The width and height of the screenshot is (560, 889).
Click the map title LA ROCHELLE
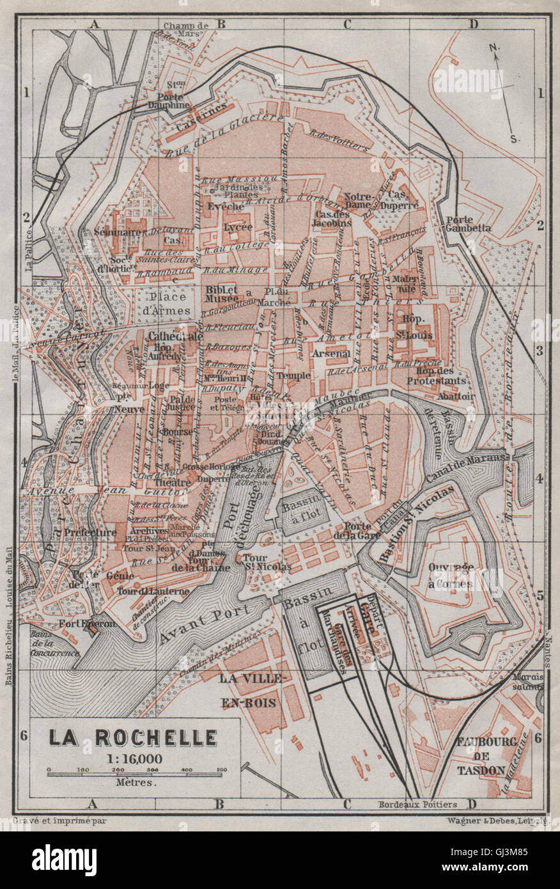(134, 737)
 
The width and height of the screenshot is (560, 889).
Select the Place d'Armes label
(168, 304)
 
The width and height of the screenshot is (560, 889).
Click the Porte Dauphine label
(169, 99)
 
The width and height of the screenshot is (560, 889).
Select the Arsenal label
(331, 353)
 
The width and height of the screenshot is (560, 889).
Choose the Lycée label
(237, 226)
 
